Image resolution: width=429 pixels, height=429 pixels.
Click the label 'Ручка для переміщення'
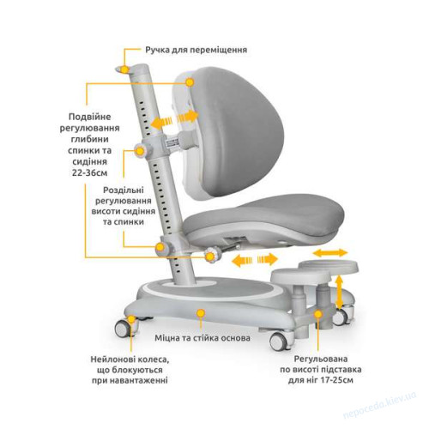[196, 50]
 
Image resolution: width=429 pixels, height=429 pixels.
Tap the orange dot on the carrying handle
[124, 69]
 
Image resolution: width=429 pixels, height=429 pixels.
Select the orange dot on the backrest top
[190, 82]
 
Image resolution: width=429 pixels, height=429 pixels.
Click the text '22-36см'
[90, 173]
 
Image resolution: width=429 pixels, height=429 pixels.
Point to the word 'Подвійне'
[90, 117]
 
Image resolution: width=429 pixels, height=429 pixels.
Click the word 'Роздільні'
[124, 190]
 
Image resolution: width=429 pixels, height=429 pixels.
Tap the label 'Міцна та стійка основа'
[202, 338]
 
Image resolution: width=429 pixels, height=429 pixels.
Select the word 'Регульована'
[321, 359]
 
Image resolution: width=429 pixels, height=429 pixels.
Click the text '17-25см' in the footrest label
[335, 380]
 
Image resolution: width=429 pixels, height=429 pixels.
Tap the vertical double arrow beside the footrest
[340, 292]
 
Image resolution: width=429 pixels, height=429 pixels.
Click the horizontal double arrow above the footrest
[330, 253]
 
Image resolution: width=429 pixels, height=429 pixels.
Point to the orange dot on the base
[201, 313]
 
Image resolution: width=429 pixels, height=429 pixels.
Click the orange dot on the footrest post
[318, 314]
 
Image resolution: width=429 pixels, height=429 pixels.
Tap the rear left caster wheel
[125, 328]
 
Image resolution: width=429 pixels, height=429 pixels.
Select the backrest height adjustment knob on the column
[141, 151]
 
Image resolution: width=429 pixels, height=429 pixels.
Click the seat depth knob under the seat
[212, 256]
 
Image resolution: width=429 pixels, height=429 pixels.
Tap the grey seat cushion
[263, 213]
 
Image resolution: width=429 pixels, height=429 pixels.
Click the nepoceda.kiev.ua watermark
[379, 405]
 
